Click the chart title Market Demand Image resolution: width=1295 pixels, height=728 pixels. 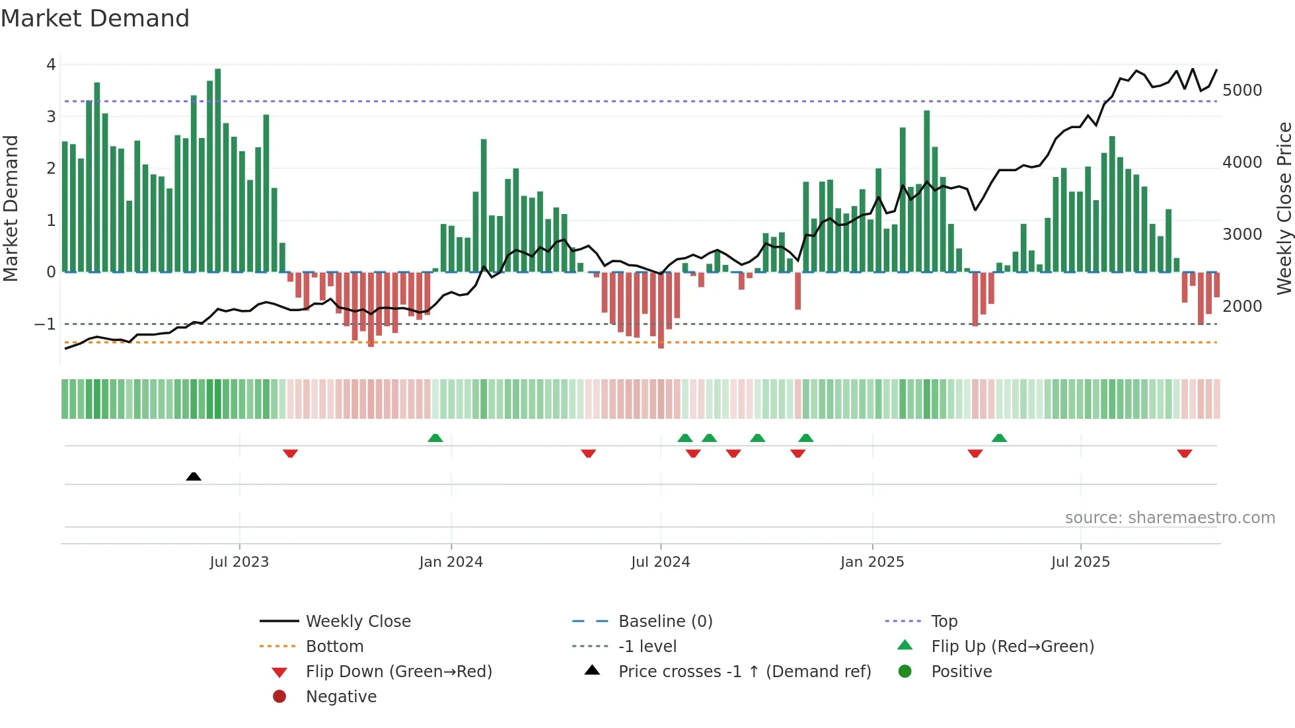(95, 18)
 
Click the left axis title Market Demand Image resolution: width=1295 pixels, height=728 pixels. (11, 208)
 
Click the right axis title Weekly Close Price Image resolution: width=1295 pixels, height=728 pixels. (1284, 208)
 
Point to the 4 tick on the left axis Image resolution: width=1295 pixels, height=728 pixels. (51, 65)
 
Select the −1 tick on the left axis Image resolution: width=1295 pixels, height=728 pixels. (46, 324)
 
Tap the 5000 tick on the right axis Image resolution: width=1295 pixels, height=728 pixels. (1242, 91)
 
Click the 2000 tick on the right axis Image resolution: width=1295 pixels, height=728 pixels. (1242, 307)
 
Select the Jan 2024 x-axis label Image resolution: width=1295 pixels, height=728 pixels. (451, 562)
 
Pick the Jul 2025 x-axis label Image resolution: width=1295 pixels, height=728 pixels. (1080, 562)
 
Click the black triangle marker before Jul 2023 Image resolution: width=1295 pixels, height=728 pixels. (194, 476)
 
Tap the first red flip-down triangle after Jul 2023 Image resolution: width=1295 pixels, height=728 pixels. (290, 453)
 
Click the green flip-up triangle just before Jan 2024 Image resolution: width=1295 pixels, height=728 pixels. (435, 438)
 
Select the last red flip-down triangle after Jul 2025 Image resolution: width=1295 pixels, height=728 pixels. (1184, 453)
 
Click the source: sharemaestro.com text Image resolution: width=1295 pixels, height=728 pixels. (1169, 518)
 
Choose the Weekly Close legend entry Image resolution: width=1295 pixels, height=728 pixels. (357, 622)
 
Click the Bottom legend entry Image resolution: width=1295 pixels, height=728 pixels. (334, 647)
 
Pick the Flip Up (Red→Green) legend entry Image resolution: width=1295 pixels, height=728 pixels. (1012, 647)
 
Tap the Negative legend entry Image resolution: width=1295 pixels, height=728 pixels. (341, 697)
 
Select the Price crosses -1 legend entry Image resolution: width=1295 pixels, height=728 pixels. (744, 672)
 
